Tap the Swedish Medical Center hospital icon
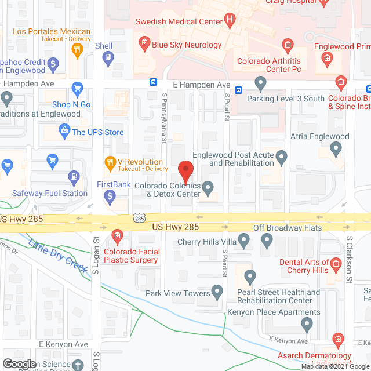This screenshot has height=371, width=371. pyautogui.click(x=230, y=21)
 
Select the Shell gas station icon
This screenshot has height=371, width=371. pyautogui.click(x=107, y=57)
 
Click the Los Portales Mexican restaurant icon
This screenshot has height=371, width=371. pyautogui.click(x=76, y=50)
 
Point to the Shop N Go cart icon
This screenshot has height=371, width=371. pyautogui.click(x=77, y=90)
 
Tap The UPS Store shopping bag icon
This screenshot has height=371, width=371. pyautogui.click(x=63, y=132)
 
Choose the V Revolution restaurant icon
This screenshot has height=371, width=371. pyautogui.click(x=108, y=162)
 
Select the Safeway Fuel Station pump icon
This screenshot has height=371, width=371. pyautogui.click(x=74, y=177)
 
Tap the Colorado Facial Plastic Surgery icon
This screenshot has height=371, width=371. pyautogui.click(x=117, y=236)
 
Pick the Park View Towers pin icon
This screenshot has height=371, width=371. pyautogui.click(x=218, y=292)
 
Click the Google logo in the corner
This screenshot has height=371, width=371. pyautogui.click(x=19, y=364)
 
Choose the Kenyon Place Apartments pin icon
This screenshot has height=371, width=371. pyautogui.click(x=307, y=326)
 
